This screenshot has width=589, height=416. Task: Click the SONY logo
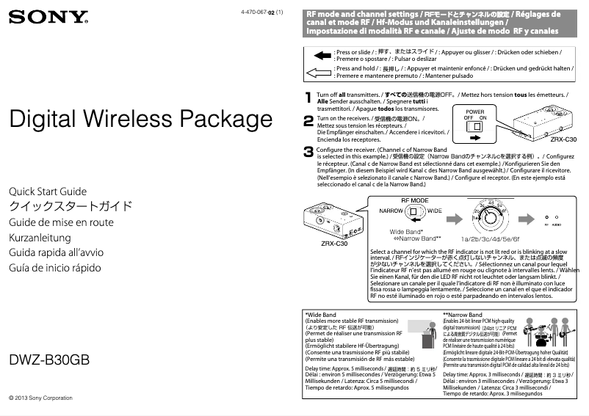(48, 16)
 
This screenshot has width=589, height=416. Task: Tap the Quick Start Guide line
(47, 191)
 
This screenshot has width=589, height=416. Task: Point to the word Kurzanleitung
(40, 238)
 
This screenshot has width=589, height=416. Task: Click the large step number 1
(308, 97)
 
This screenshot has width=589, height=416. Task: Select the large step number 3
(308, 152)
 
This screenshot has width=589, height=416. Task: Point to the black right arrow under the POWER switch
(476, 137)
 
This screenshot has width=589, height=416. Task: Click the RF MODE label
(415, 200)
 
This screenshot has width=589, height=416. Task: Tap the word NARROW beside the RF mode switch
(391, 211)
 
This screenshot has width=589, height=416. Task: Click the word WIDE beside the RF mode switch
(435, 211)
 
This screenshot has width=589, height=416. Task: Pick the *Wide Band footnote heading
(321, 315)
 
